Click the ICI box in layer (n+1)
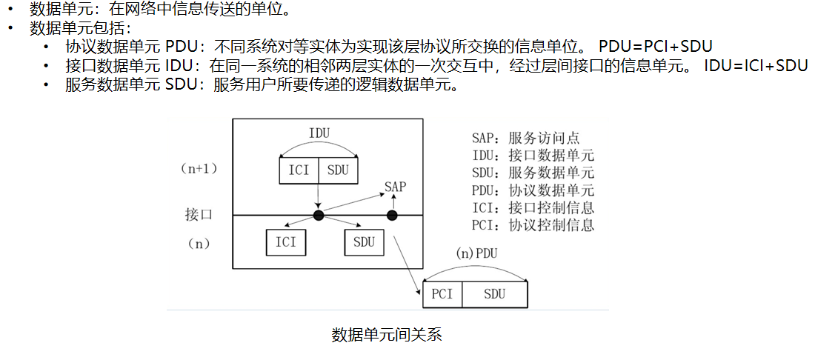click(x=299, y=170)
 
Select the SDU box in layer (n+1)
click(x=338, y=170)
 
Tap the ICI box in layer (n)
click(x=285, y=241)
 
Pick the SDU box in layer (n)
click(x=364, y=241)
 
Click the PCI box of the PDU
click(x=442, y=294)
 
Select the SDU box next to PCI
click(x=494, y=294)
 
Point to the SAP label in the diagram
click(x=395, y=187)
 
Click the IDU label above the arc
click(x=319, y=133)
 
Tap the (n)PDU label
click(x=476, y=253)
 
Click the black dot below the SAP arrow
click(x=392, y=216)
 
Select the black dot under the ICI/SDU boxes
click(x=319, y=216)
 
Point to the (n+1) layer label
click(x=199, y=169)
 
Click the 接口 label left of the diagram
click(x=199, y=215)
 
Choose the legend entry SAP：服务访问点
click(x=525, y=138)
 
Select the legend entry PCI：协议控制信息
click(x=533, y=224)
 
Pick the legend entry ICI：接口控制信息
click(x=533, y=207)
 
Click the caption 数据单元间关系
click(x=387, y=335)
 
